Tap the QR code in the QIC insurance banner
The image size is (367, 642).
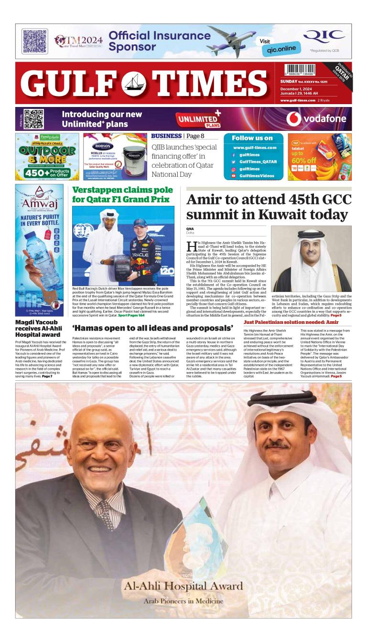tap(35, 41)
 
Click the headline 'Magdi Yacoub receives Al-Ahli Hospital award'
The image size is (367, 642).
tap(38, 328)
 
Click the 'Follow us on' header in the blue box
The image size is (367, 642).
tap(252, 138)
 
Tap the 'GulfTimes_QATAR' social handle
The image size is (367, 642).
tap(258, 162)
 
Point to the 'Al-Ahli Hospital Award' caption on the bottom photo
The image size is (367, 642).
tap(183, 586)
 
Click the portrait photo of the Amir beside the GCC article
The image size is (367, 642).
tap(311, 258)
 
